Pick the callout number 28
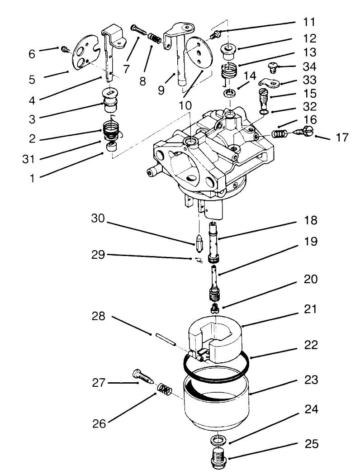pyautogui.click(x=99, y=316)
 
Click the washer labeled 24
pyautogui.click(x=219, y=439)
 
